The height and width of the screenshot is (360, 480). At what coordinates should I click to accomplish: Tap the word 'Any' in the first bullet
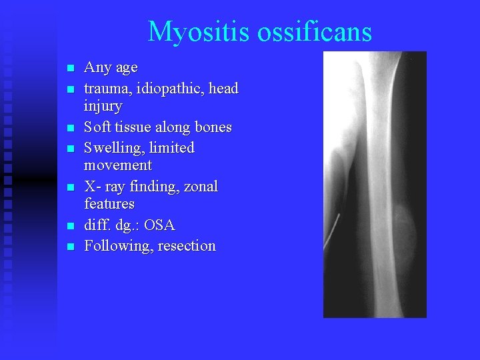[x=97, y=68]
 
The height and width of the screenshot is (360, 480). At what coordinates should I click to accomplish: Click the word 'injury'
[x=103, y=107]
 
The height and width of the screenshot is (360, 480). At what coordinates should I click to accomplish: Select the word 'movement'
[x=118, y=165]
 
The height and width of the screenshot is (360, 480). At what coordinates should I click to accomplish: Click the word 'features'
[x=109, y=204]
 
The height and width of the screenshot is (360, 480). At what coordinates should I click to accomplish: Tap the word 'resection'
[x=187, y=246]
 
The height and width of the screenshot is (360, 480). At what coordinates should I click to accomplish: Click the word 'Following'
[x=118, y=246]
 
